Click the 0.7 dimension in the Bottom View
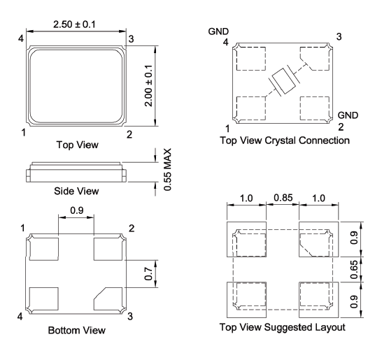coord(148,274)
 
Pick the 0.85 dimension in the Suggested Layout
coord(283,199)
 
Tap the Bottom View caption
coord(77,330)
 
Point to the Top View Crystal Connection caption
coord(284,141)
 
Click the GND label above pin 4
coord(218,32)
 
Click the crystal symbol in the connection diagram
coord(283,82)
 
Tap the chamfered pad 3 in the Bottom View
coord(109,298)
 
